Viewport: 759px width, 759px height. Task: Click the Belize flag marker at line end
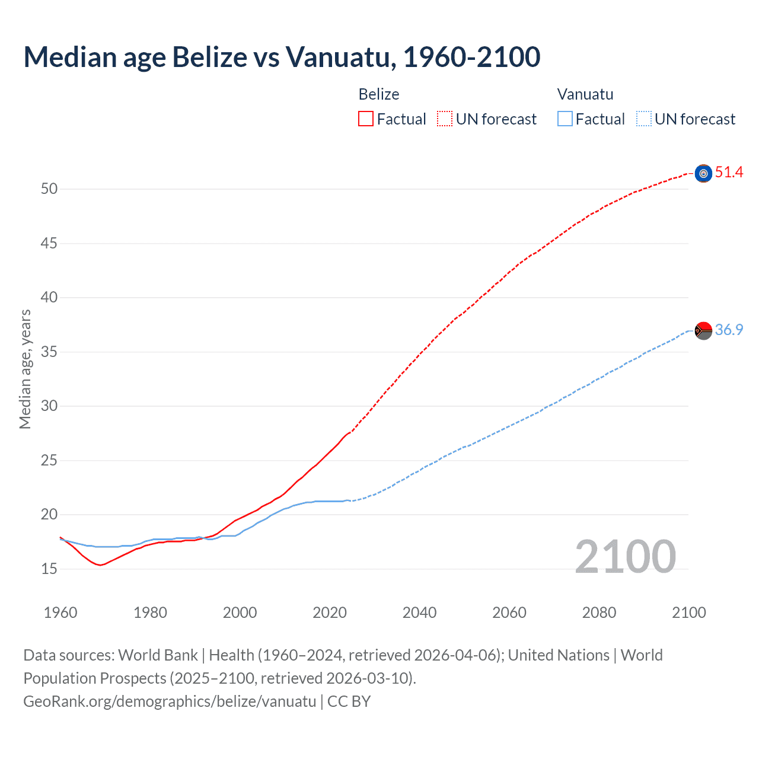pos(703,173)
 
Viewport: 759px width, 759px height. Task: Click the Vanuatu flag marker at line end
pos(703,330)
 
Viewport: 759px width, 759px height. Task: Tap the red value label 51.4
pos(729,173)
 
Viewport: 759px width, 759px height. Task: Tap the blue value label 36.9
pos(729,330)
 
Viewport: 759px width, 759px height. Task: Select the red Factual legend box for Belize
pos(366,119)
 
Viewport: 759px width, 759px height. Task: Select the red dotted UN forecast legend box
pos(445,119)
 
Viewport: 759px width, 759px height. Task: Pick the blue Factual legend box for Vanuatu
pos(565,119)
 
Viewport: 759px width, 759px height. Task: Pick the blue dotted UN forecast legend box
pos(643,119)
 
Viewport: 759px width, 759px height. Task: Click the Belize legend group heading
pos(379,94)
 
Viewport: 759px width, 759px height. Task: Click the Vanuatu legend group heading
pos(585,94)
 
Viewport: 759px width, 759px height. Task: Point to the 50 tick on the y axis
pos(49,189)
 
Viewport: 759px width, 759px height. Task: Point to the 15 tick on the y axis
pos(49,569)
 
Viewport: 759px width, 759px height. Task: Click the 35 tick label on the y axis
pos(49,352)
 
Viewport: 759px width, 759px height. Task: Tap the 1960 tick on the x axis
pos(60,613)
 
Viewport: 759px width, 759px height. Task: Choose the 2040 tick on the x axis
pos(419,613)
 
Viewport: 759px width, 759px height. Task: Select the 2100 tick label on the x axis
pos(689,613)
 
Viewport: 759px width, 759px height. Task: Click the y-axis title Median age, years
pos(25,369)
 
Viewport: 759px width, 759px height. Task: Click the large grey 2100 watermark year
pos(626,557)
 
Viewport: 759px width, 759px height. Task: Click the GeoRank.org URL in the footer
pos(170,701)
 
